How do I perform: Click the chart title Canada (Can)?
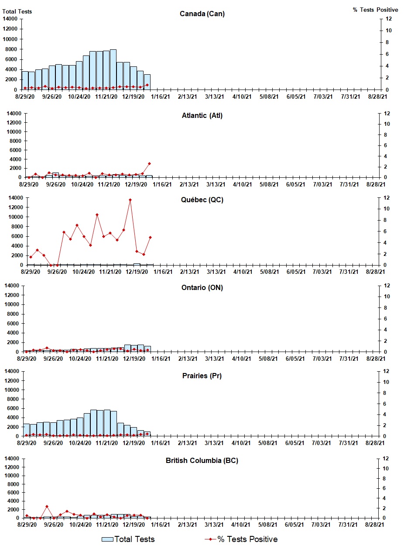tap(202, 14)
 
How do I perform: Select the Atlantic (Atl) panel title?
tap(202, 116)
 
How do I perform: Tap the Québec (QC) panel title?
tap(202, 200)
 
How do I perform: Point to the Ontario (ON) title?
tap(202, 288)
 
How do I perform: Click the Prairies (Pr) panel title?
tap(202, 376)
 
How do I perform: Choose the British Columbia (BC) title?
tap(202, 460)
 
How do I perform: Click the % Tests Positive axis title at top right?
tap(375, 10)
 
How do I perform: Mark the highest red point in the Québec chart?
tap(130, 200)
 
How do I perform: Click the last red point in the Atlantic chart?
tap(149, 163)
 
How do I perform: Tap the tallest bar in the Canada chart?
tap(113, 69)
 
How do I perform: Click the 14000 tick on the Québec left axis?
tap(16, 198)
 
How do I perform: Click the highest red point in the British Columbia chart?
tap(47, 507)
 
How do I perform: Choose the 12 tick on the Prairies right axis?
tap(385, 371)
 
